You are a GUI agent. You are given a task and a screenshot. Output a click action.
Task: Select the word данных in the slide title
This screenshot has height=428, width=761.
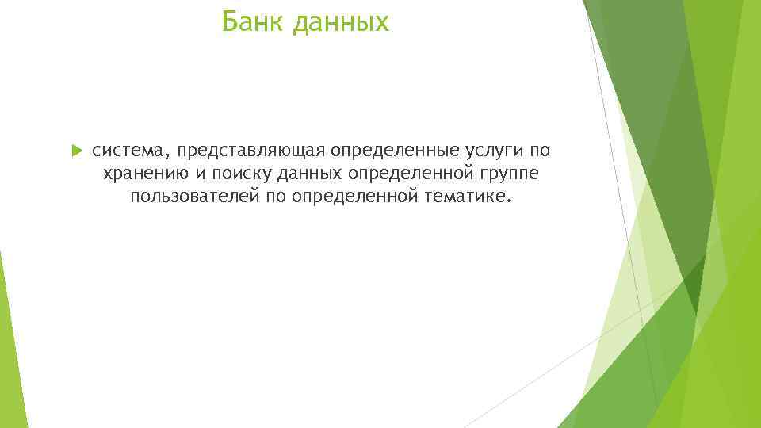point(341,23)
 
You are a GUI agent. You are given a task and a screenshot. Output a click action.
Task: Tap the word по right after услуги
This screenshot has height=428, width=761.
point(539,151)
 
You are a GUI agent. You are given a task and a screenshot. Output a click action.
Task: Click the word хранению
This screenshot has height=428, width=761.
point(143,174)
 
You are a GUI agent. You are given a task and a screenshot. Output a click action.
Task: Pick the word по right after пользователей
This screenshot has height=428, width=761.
point(276,196)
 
